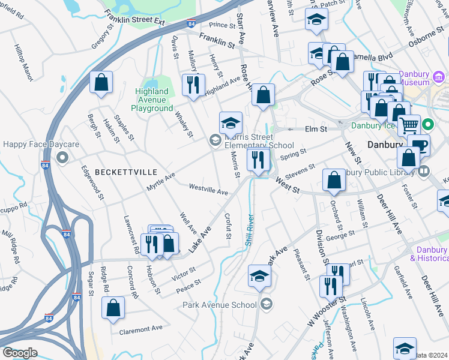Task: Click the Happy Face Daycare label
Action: pos(32,145)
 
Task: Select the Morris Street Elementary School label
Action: pos(259,141)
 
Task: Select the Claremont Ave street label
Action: pos(141,329)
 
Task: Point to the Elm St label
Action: pos(315,129)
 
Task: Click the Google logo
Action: pos(20,353)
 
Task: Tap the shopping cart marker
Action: pos(409,125)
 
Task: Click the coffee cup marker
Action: pos(418,145)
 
